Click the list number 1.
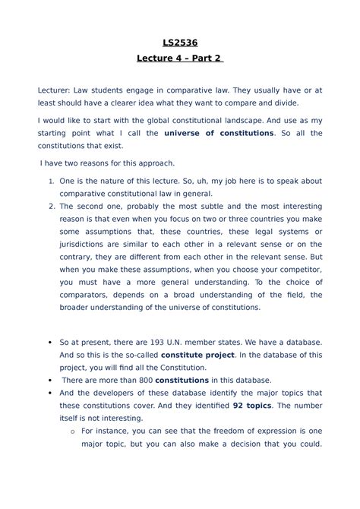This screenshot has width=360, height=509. point(51,182)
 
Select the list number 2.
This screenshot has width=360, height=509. point(51,205)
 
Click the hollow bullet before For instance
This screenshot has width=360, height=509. point(71,431)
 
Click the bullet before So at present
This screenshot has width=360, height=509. point(49,343)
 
